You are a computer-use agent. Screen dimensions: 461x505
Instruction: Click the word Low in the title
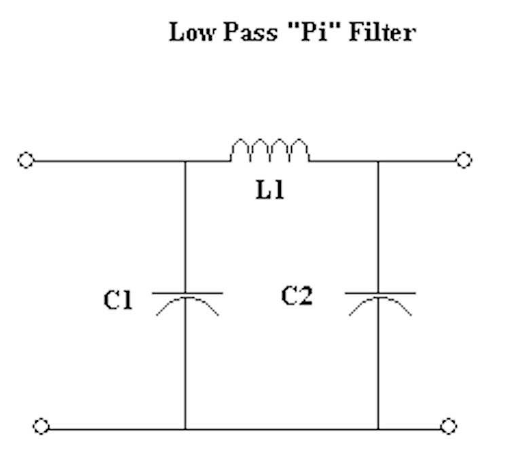[189, 33]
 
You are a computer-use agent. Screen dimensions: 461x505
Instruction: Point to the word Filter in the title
[381, 33]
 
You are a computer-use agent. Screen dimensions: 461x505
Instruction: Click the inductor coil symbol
[269, 151]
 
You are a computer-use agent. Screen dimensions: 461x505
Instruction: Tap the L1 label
[269, 191]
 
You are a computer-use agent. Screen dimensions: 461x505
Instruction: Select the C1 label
[118, 300]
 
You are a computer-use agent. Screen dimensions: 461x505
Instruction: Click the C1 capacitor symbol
[186, 302]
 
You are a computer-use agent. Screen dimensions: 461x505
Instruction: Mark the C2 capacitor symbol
[379, 302]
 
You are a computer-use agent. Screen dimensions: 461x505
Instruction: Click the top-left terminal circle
[26, 161]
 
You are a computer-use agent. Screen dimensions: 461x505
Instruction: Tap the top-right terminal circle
[464, 161]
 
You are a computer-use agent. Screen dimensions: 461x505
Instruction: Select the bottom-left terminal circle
[41, 427]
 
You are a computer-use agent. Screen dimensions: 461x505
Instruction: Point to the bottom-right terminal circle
[448, 426]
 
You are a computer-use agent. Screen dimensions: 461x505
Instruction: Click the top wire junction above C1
[186, 161]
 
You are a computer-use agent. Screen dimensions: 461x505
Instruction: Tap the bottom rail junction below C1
[186, 429]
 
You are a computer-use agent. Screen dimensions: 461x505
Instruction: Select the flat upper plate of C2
[379, 293]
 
